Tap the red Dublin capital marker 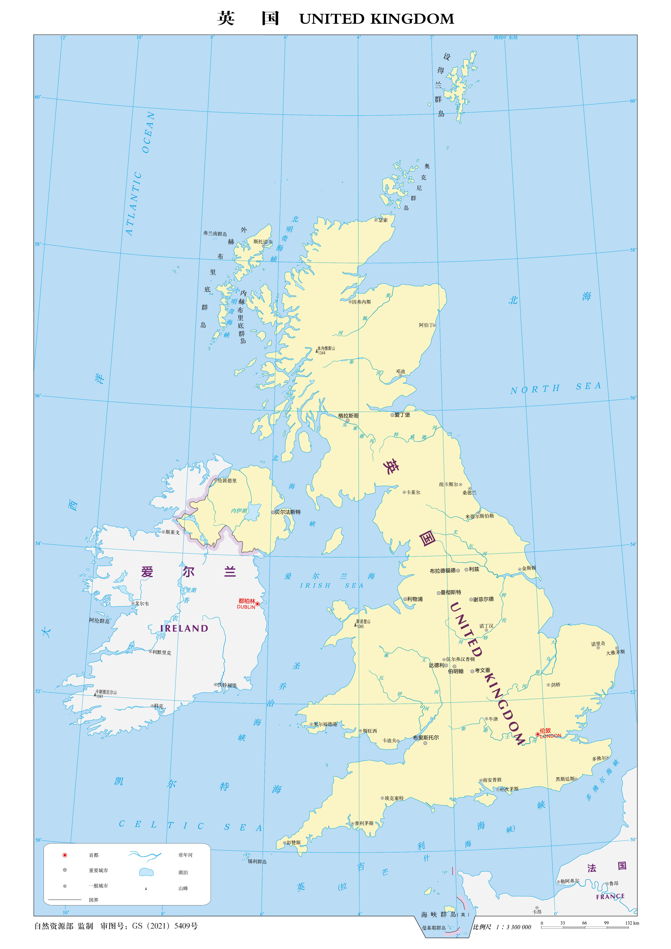[x=257, y=604]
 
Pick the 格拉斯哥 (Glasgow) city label [x=348, y=416]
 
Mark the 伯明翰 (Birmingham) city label [x=456, y=671]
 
